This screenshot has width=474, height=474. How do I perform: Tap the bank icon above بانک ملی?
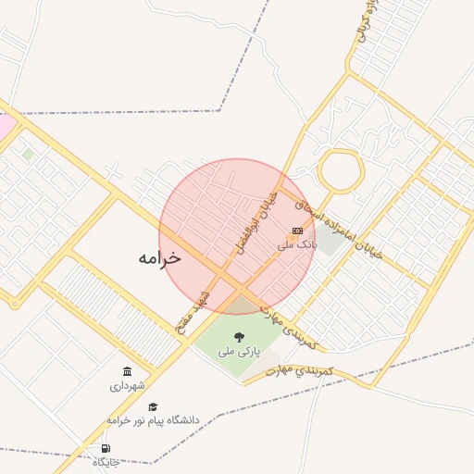coord(297,231)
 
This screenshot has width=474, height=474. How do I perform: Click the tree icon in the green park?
coord(240,337)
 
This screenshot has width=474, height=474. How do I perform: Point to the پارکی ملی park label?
coord(240,352)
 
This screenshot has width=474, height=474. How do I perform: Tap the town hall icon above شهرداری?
coord(127,371)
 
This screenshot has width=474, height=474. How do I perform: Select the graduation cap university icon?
coord(153,405)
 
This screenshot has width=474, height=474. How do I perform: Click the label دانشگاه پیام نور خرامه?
coord(153,420)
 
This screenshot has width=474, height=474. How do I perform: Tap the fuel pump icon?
coord(106,449)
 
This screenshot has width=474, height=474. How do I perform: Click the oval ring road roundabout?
coord(340,170)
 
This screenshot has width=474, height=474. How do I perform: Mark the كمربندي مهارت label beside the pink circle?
coord(289,329)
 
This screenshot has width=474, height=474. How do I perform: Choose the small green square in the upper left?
coord(29,154)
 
